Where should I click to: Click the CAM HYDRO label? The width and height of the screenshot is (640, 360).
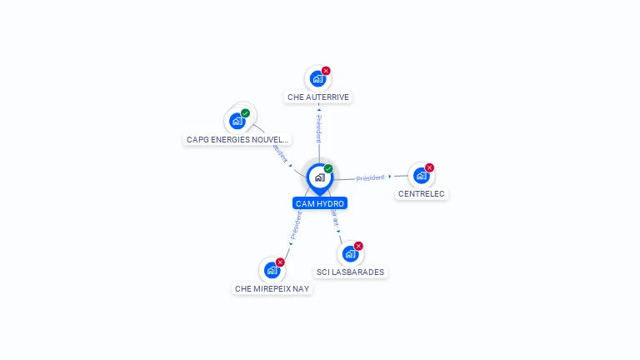click(319, 203)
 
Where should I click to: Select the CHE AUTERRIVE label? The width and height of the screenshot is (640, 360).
click(317, 97)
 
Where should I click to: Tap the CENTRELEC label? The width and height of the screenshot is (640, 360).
click(421, 194)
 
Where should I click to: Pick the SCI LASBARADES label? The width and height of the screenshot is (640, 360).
click(351, 272)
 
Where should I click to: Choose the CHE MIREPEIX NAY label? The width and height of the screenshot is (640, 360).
click(272, 289)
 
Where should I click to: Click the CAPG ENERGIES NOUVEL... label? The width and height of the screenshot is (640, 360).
click(237, 140)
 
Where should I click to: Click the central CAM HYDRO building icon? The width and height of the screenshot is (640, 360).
click(319, 177)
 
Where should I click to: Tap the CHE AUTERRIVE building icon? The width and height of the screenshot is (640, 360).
click(317, 79)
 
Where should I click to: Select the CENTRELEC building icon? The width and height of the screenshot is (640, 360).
click(421, 176)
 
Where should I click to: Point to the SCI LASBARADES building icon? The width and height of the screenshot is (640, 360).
click(350, 254)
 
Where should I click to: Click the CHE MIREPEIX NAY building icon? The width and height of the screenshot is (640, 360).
click(271, 270)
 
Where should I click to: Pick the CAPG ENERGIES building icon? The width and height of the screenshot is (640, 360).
click(237, 122)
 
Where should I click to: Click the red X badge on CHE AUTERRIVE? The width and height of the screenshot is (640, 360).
click(326, 71)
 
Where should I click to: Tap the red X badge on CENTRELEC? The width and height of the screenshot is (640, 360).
click(429, 167)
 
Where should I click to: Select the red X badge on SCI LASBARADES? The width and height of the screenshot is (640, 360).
click(358, 246)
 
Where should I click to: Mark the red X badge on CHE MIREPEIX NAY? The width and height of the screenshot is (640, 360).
click(280, 262)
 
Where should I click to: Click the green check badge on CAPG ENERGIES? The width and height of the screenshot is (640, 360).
click(245, 113)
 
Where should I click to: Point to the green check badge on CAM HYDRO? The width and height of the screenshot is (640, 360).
click(328, 169)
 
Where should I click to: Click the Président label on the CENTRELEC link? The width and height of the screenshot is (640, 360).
click(370, 177)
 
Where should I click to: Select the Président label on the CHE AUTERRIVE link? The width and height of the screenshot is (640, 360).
click(318, 129)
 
